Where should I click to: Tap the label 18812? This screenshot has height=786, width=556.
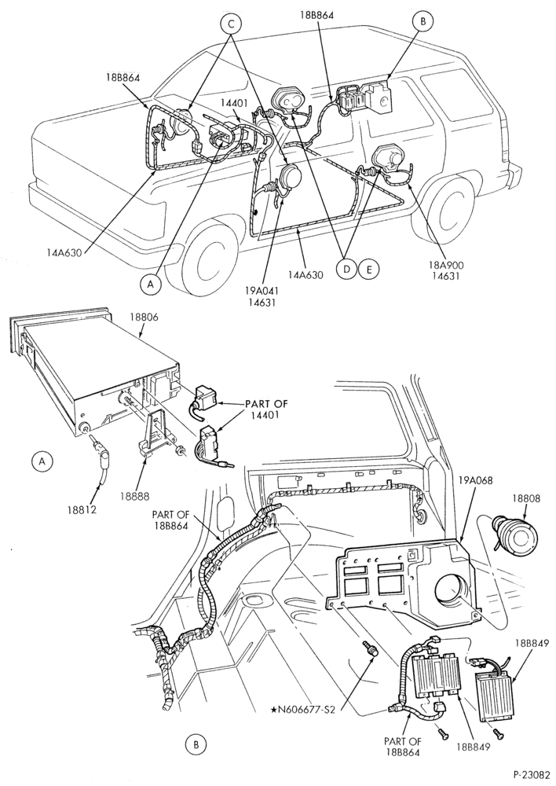coord(82,510)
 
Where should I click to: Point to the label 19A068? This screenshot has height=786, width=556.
coord(476,480)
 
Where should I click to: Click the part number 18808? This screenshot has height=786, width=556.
coord(525,499)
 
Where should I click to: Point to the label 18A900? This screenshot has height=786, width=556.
coord(456,265)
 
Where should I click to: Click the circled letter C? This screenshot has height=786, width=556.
coord(232,24)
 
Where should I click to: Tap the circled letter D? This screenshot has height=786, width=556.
coord(346,269)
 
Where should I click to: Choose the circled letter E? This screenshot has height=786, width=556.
coord(370,269)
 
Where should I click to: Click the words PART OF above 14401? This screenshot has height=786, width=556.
coord(266,403)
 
